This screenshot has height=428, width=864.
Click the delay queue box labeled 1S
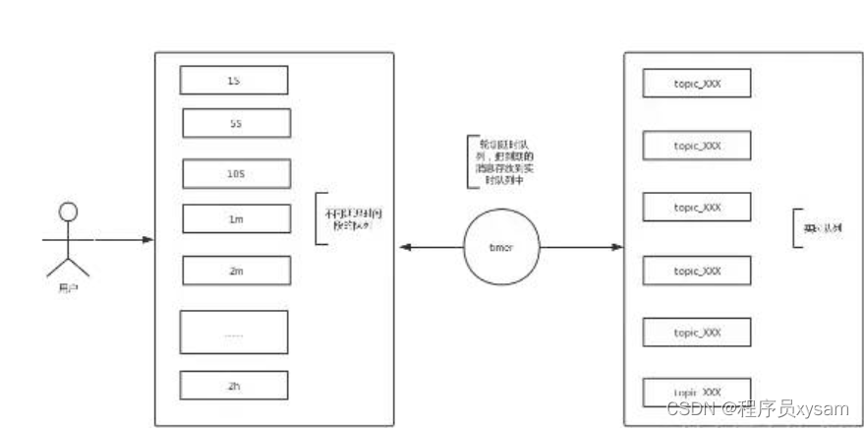click(x=235, y=81)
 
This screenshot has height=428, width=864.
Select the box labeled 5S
click(x=236, y=122)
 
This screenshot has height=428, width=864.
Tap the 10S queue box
click(x=236, y=173)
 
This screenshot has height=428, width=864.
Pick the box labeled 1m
click(x=236, y=218)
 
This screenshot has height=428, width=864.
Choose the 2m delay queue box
click(x=236, y=270)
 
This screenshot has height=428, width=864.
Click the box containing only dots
click(x=234, y=333)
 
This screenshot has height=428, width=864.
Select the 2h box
click(x=234, y=385)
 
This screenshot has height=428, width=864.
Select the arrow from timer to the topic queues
click(x=580, y=247)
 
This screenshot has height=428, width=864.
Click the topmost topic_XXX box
click(x=697, y=84)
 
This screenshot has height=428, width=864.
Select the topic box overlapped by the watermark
click(x=697, y=393)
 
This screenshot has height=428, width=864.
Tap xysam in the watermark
click(x=824, y=407)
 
